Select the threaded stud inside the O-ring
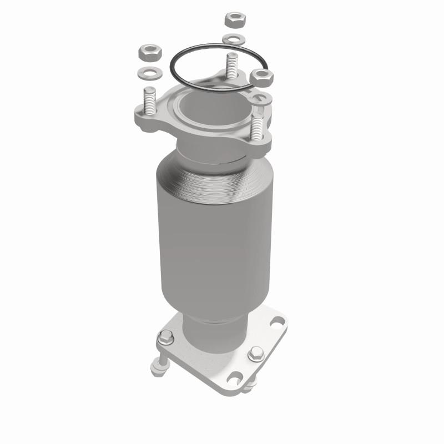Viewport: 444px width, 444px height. point(231,66)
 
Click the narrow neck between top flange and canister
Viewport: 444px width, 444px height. point(211,153)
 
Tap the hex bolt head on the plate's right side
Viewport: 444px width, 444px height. point(256,353)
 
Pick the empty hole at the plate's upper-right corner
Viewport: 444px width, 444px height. point(276,321)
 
